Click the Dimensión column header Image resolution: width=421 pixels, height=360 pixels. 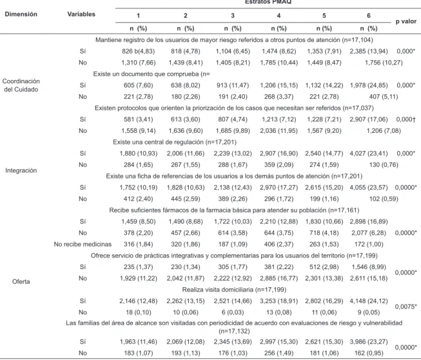(21, 14)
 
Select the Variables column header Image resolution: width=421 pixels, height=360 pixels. (81, 14)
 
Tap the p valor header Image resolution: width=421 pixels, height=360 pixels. (406, 21)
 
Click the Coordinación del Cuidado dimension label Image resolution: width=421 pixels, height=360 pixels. (21, 86)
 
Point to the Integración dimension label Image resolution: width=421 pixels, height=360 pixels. (21, 171)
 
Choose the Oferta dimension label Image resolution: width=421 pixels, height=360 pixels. (21, 282)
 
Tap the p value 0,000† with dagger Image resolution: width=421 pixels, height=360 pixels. (406, 120)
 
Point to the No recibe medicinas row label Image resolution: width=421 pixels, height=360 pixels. (83, 245)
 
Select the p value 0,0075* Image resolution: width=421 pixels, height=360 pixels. (406, 307)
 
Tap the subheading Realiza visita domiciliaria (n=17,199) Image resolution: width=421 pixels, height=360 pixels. (234, 290)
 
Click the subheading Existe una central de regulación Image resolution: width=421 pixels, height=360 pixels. (174, 142)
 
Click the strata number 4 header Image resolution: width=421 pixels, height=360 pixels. (279, 16)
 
